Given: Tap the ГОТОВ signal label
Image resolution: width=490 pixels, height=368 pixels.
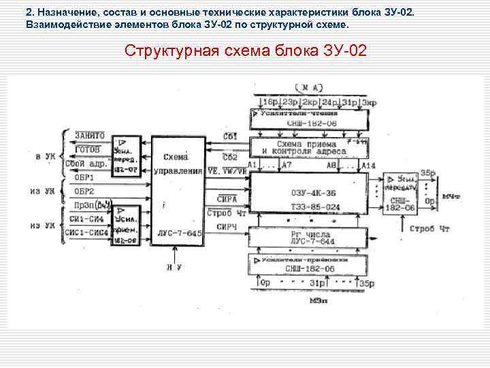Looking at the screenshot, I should pyautogui.click(x=88, y=149).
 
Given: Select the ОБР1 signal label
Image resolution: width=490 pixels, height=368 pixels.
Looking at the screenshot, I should pyautogui.click(x=84, y=178).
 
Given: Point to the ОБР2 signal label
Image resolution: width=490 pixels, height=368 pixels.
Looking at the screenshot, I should pyautogui.click(x=84, y=191).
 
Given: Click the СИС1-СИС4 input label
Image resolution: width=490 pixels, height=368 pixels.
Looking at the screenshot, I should pyautogui.click(x=86, y=231).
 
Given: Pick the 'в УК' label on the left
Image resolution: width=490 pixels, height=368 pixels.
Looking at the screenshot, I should pyautogui.click(x=45, y=156).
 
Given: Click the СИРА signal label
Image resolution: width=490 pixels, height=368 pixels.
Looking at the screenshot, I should pyautogui.click(x=227, y=198).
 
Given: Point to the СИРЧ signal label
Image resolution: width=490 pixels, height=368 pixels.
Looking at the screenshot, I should pyautogui.click(x=227, y=227).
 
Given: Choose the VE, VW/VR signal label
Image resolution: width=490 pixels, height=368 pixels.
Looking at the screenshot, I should pyautogui.click(x=227, y=171).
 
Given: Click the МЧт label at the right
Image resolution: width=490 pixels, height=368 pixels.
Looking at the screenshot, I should pyautogui.click(x=451, y=197).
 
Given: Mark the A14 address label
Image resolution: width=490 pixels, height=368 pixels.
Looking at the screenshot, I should pyautogui.click(x=368, y=166).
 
